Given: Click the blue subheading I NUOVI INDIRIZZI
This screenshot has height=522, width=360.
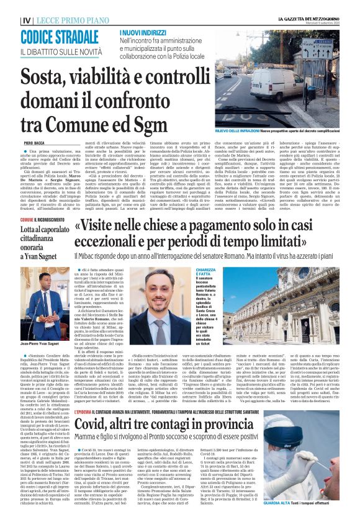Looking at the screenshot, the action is pyautogui.click(x=141, y=30).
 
